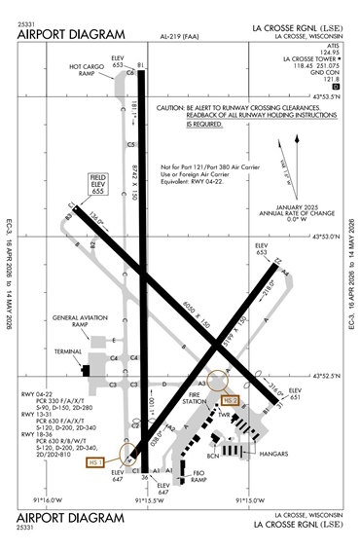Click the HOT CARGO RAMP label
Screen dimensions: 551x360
86,70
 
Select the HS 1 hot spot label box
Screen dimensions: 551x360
94,462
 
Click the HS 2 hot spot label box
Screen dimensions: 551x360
231,400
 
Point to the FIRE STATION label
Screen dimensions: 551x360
195,397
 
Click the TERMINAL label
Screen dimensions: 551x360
68,351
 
